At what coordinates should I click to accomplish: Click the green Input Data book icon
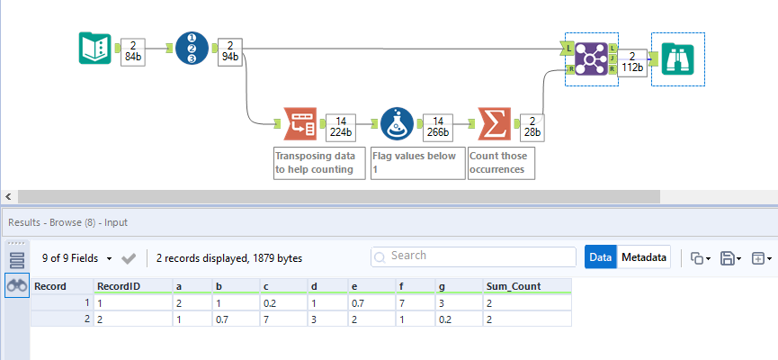pos(94,48)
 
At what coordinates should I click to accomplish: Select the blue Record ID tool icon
pos(192,48)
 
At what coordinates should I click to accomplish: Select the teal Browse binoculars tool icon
pos(677,58)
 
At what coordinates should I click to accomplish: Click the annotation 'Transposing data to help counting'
pos(319,163)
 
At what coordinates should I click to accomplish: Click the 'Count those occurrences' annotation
pos(501,163)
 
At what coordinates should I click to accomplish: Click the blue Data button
pos(600,257)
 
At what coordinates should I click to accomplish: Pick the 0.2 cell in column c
pos(270,303)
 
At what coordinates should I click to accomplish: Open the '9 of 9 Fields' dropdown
pos(78,258)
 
